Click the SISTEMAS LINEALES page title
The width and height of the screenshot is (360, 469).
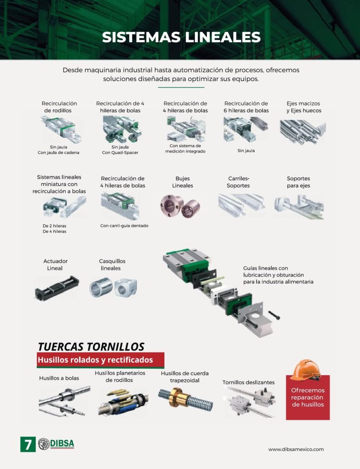(181, 37)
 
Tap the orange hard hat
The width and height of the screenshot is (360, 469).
(305, 370)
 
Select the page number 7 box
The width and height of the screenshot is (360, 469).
(28, 444)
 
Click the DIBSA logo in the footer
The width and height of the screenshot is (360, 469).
(56, 444)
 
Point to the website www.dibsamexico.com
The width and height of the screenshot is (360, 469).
(296, 449)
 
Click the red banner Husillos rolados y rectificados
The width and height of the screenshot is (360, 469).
(100, 360)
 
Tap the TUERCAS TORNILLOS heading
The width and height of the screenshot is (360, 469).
(91, 347)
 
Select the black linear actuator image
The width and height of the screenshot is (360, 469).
(57, 288)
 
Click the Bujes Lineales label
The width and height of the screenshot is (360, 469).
(182, 182)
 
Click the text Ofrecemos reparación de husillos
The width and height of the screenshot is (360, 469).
(308, 397)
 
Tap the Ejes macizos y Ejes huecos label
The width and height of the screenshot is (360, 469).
(304, 107)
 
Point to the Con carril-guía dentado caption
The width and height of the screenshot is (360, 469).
(125, 226)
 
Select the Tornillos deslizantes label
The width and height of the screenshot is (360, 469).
(248, 382)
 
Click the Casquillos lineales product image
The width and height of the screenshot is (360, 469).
(113, 288)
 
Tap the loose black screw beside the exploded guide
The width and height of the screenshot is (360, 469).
(274, 315)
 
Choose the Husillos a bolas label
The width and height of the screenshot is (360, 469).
(59, 378)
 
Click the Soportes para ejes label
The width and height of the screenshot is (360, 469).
(299, 182)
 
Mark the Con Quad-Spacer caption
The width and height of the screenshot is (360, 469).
(120, 153)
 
